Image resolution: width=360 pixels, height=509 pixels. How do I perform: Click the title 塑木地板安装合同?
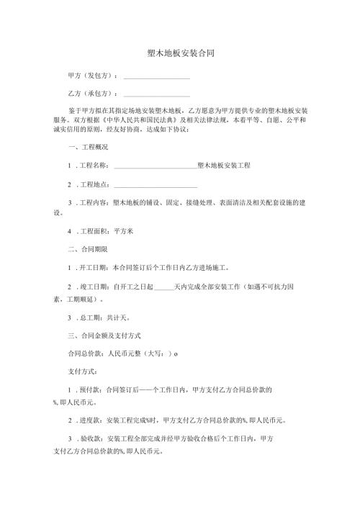click(180, 53)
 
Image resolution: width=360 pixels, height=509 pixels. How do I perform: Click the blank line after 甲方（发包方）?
click(157, 76)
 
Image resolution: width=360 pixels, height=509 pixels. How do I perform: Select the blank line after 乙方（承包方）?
click(157, 94)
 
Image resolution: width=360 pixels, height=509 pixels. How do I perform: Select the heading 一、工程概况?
click(86, 147)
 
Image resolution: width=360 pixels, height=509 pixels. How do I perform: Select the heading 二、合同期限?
click(86, 249)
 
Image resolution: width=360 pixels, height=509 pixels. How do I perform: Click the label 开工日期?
click(94, 267)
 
